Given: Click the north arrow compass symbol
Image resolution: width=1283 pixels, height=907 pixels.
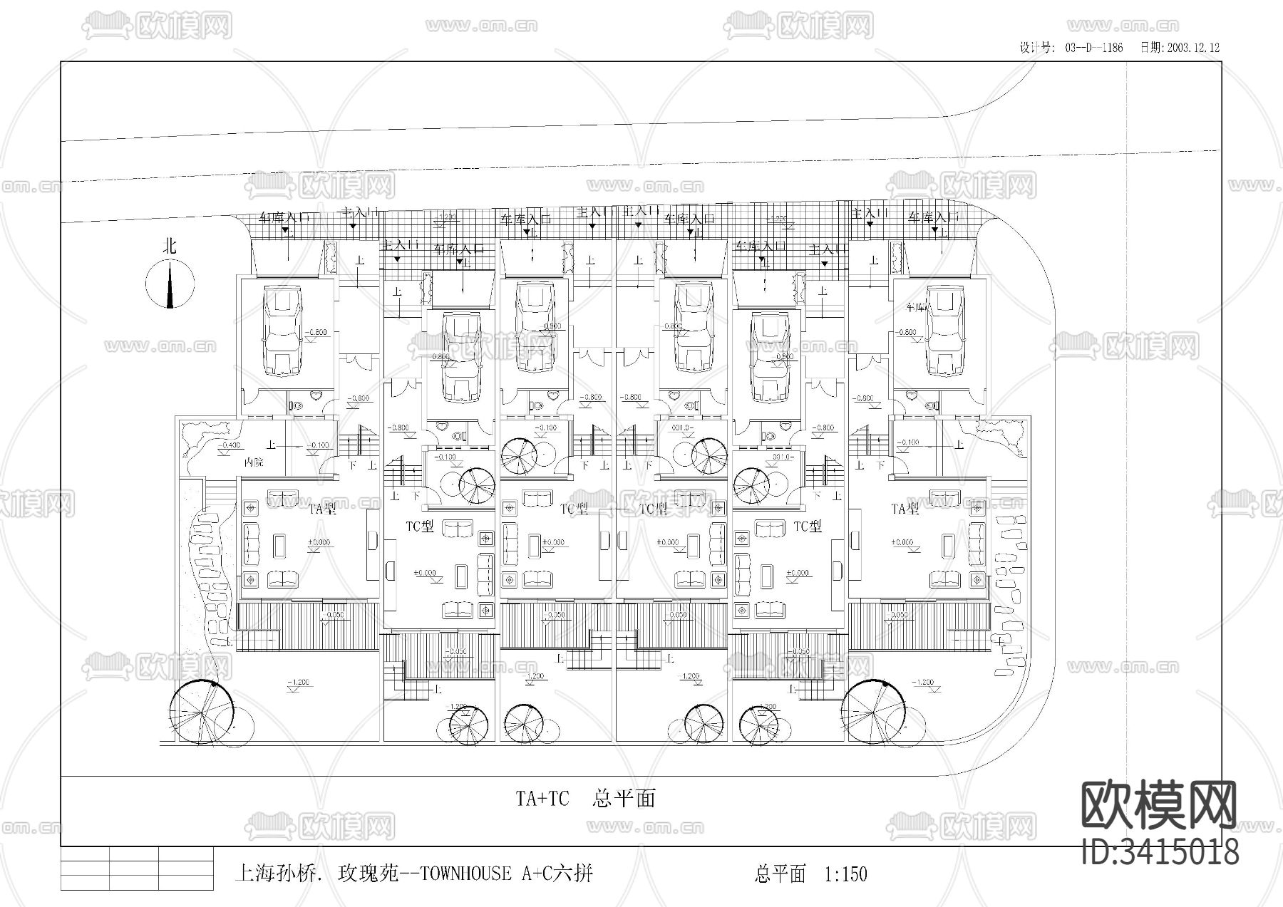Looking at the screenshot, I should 170,284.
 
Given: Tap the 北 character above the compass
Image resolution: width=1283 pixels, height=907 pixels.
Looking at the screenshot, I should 170,247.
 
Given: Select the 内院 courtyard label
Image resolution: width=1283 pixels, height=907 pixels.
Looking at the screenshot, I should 254,462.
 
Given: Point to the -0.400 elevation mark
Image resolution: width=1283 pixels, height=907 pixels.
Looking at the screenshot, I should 230,445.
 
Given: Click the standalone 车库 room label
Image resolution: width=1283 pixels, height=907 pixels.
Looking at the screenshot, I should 916,308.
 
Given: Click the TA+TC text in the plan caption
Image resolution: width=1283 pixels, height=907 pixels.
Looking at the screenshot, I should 542,799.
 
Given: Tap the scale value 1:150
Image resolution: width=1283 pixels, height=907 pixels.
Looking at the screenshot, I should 845,874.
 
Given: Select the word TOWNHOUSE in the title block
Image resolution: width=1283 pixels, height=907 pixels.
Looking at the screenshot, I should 465,874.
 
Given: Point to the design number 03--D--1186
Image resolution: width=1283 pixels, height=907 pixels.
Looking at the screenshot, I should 1094,48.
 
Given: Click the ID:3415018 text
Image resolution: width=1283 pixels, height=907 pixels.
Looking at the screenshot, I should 1160,851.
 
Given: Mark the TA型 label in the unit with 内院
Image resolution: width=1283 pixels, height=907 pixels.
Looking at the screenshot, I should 322,508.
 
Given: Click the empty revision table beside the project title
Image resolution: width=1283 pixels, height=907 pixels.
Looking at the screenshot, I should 137,868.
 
